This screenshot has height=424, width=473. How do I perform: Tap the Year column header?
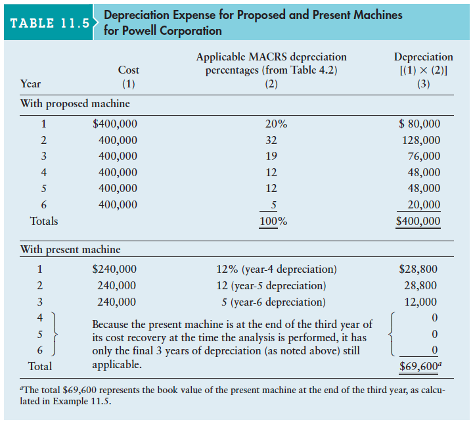pyautogui.click(x=32, y=83)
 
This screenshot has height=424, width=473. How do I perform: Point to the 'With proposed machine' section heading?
pyautogui.click(x=75, y=103)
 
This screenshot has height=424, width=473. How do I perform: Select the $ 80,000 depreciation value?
pyautogui.click(x=420, y=124)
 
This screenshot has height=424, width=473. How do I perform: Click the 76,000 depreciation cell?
pyautogui.click(x=424, y=156)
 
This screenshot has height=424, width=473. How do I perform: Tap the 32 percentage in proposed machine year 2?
pyautogui.click(x=271, y=140)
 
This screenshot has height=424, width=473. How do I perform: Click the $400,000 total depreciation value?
pyautogui.click(x=418, y=222)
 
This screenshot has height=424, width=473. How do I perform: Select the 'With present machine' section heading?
pyautogui.click(x=70, y=249)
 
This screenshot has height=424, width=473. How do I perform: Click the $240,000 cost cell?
pyautogui.click(x=114, y=269)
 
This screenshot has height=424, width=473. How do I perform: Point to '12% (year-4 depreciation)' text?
pyautogui.click(x=276, y=269)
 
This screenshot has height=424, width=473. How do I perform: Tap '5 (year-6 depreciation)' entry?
pyautogui.click(x=273, y=302)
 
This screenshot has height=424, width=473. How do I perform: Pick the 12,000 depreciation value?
pyautogui.click(x=420, y=302)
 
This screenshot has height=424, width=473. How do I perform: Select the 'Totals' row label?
pyautogui.click(x=44, y=222)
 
